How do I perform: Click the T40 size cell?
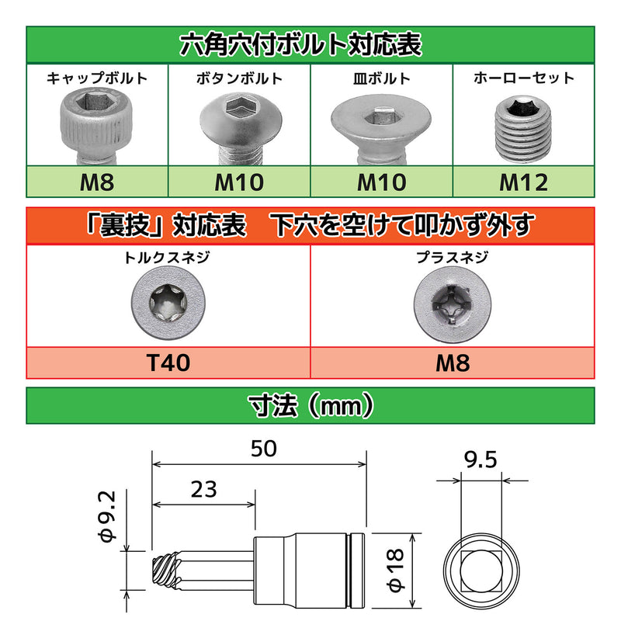(168, 362)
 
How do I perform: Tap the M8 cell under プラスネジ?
(453, 362)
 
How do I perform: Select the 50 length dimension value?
(264, 448)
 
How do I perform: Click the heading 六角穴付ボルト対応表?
(310, 44)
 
